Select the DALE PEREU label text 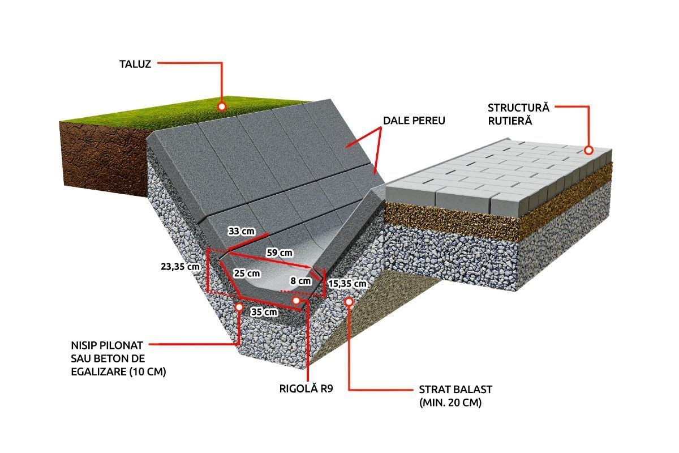[414, 121]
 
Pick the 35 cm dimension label [264, 312]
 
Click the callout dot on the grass [222, 106]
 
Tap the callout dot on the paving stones [588, 151]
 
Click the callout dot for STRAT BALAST [349, 302]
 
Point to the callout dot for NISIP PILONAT [239, 306]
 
